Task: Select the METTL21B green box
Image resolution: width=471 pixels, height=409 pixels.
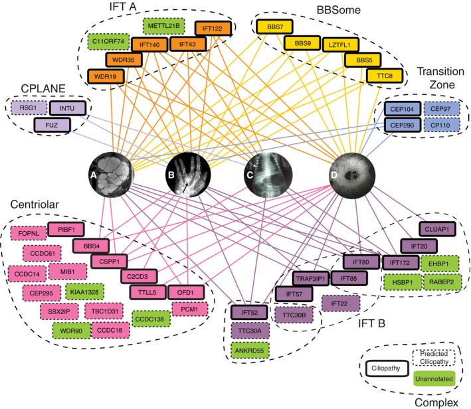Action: tap(162, 27)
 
